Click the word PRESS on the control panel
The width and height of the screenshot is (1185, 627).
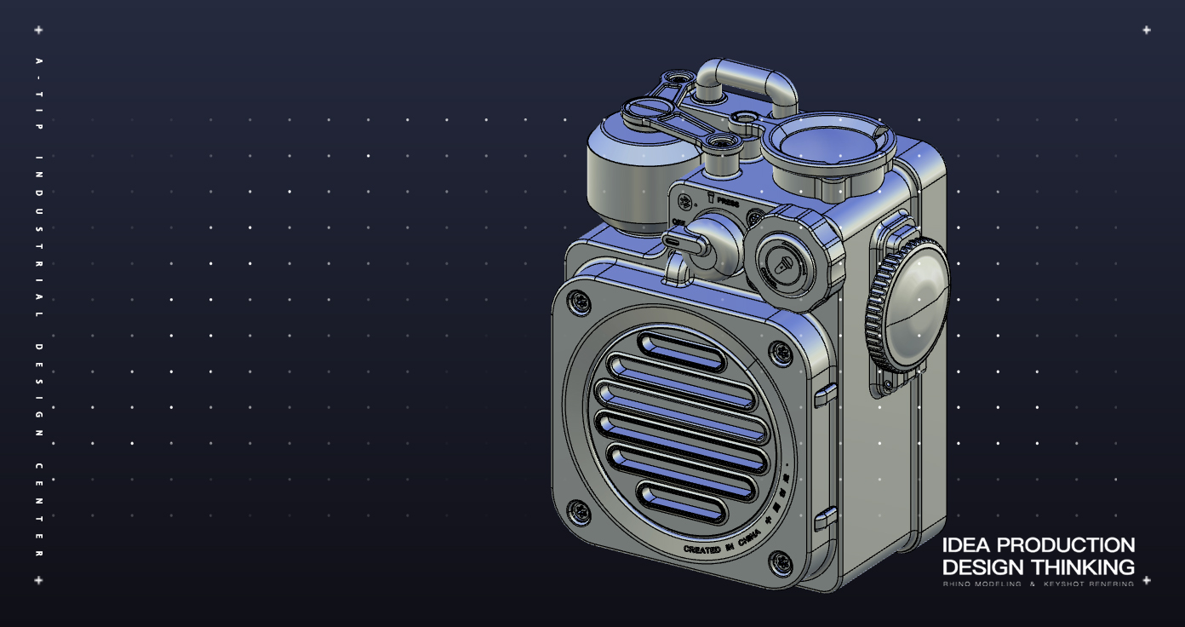729,202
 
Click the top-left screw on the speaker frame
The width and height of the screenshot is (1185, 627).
579,300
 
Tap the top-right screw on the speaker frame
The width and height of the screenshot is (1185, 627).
780,350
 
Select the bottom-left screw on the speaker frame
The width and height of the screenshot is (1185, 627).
580,512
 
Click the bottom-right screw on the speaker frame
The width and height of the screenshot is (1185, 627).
781,562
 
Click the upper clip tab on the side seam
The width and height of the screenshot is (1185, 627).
825,394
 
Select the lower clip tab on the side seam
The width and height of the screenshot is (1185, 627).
825,518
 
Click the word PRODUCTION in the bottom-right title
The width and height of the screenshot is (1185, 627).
1065,545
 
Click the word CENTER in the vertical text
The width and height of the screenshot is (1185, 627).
38,511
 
